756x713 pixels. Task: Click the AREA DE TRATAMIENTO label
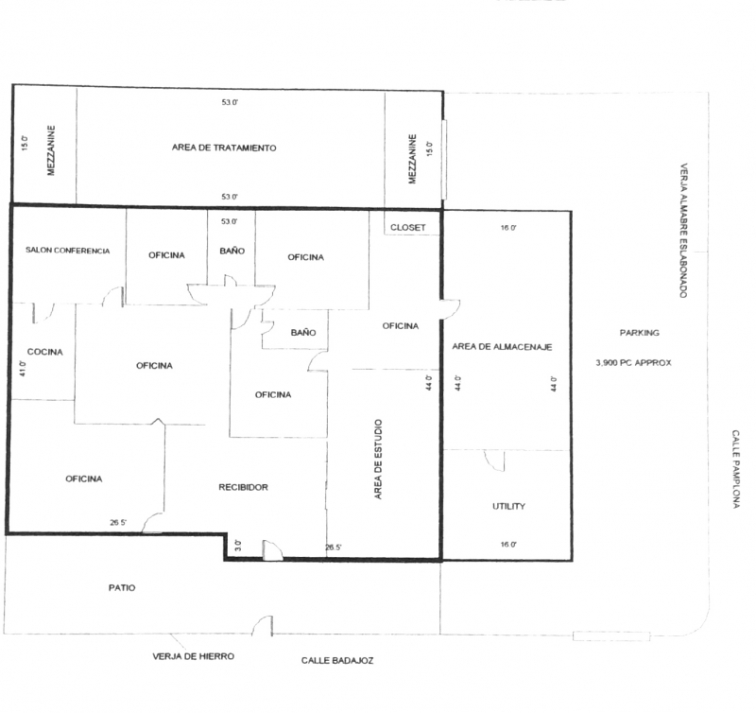pyautogui.click(x=224, y=148)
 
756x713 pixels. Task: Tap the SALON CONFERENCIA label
pyautogui.click(x=67, y=251)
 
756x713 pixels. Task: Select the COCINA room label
pyautogui.click(x=44, y=352)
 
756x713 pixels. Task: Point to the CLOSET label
pyautogui.click(x=408, y=227)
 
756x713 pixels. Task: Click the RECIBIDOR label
pyautogui.click(x=244, y=487)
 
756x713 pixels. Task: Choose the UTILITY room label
pyautogui.click(x=508, y=506)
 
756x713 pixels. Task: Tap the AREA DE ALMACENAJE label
pyautogui.click(x=502, y=346)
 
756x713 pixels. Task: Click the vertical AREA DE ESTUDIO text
pyautogui.click(x=378, y=460)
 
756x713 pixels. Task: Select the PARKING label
pyautogui.click(x=640, y=332)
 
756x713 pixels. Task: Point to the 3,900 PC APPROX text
pyautogui.click(x=633, y=363)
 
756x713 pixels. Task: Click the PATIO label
pyautogui.click(x=122, y=587)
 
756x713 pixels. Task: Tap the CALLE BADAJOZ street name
pyautogui.click(x=337, y=660)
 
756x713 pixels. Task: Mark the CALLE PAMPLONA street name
pyautogui.click(x=736, y=469)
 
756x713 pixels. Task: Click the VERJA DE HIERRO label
pyautogui.click(x=194, y=656)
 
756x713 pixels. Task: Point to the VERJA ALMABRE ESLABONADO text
pyautogui.click(x=683, y=230)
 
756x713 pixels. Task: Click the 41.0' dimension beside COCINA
pyautogui.click(x=23, y=368)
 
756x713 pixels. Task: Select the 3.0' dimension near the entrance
pyautogui.click(x=238, y=546)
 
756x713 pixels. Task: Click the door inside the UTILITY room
pyautogui.click(x=494, y=461)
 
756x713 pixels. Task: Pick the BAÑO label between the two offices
pyautogui.click(x=232, y=251)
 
